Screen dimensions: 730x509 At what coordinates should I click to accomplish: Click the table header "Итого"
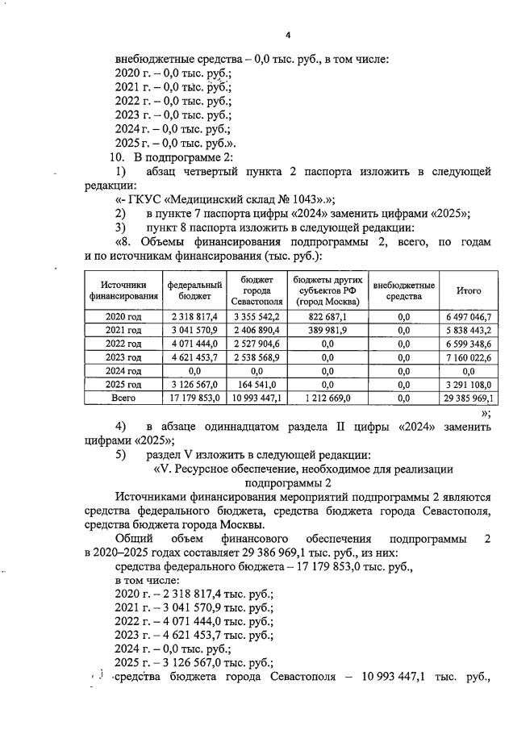pyautogui.click(x=469, y=290)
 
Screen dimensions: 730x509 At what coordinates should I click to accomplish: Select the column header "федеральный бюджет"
pyautogui.click(x=194, y=290)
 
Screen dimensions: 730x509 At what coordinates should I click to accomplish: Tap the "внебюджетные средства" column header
pyautogui.click(x=404, y=290)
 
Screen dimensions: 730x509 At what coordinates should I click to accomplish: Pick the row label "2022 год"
pyautogui.click(x=123, y=344)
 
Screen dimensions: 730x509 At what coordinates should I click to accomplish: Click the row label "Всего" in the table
pyautogui.click(x=123, y=398)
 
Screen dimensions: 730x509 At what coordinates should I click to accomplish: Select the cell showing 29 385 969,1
pyautogui.click(x=469, y=398)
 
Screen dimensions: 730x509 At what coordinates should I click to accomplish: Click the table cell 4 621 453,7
pyautogui.click(x=194, y=357)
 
